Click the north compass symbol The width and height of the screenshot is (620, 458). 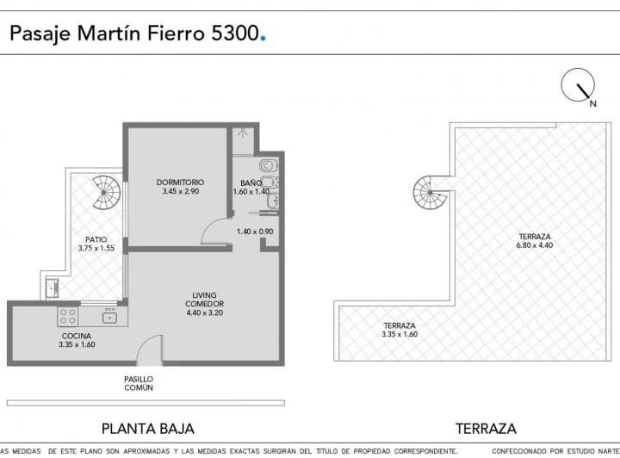click(x=579, y=89)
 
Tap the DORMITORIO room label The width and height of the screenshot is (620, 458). click(x=180, y=182)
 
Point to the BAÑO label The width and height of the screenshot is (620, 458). click(x=251, y=183)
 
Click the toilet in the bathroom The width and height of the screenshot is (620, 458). click(x=267, y=164)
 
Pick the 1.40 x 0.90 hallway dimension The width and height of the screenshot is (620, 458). click(x=255, y=232)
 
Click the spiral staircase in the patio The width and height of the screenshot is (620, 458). click(x=108, y=193)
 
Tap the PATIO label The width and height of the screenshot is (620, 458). click(x=96, y=239)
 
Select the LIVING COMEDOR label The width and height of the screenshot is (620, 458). click(x=204, y=300)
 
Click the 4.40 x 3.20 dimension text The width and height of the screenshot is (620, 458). click(x=204, y=313)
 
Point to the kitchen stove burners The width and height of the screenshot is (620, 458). click(x=67, y=317)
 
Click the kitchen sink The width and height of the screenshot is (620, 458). click(x=109, y=318)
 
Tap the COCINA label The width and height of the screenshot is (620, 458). click(x=77, y=336)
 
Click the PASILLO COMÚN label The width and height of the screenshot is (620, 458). click(x=139, y=383)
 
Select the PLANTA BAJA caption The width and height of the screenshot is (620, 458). click(x=148, y=428)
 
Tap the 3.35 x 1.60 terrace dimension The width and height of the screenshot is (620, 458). click(x=400, y=334)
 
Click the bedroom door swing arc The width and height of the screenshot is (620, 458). click(x=212, y=231)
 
